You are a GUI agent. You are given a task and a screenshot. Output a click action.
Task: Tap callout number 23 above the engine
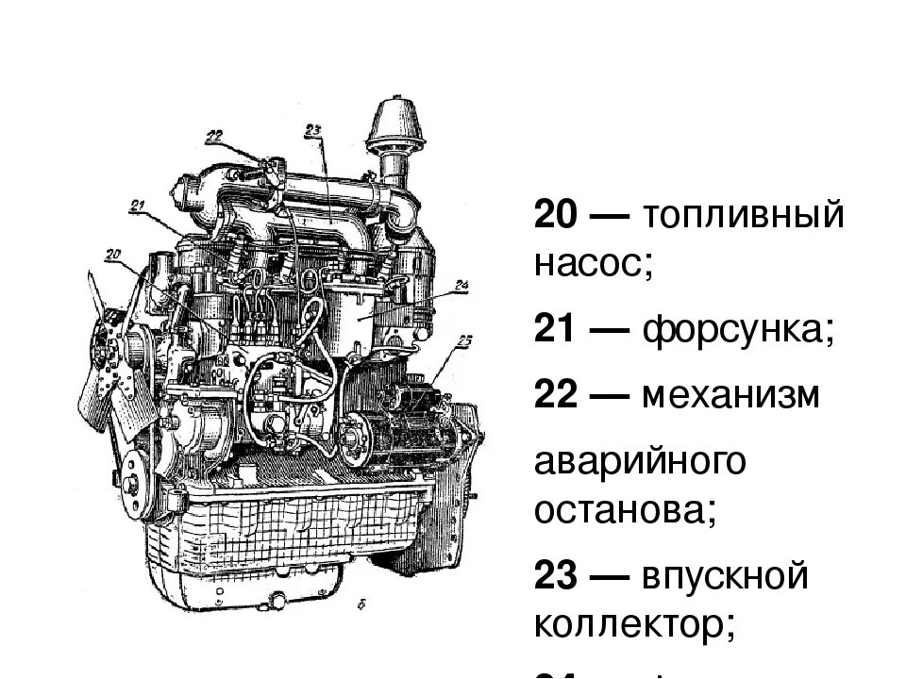click(314, 130)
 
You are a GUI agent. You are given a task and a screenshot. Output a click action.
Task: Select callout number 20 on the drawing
click(113, 253)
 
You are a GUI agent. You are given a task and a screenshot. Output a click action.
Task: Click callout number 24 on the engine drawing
click(461, 284)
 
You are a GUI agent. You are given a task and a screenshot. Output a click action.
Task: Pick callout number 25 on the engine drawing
click(463, 340)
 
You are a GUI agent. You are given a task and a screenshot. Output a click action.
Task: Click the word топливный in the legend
click(743, 216)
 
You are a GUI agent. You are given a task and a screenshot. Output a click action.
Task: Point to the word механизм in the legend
click(730, 396)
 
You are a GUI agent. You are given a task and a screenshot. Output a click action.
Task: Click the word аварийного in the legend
click(641, 463)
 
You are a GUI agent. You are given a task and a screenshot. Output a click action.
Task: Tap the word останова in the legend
click(625, 510)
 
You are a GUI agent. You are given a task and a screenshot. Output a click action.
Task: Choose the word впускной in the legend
click(726, 576)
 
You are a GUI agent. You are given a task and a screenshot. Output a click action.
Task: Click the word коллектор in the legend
click(633, 623)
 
